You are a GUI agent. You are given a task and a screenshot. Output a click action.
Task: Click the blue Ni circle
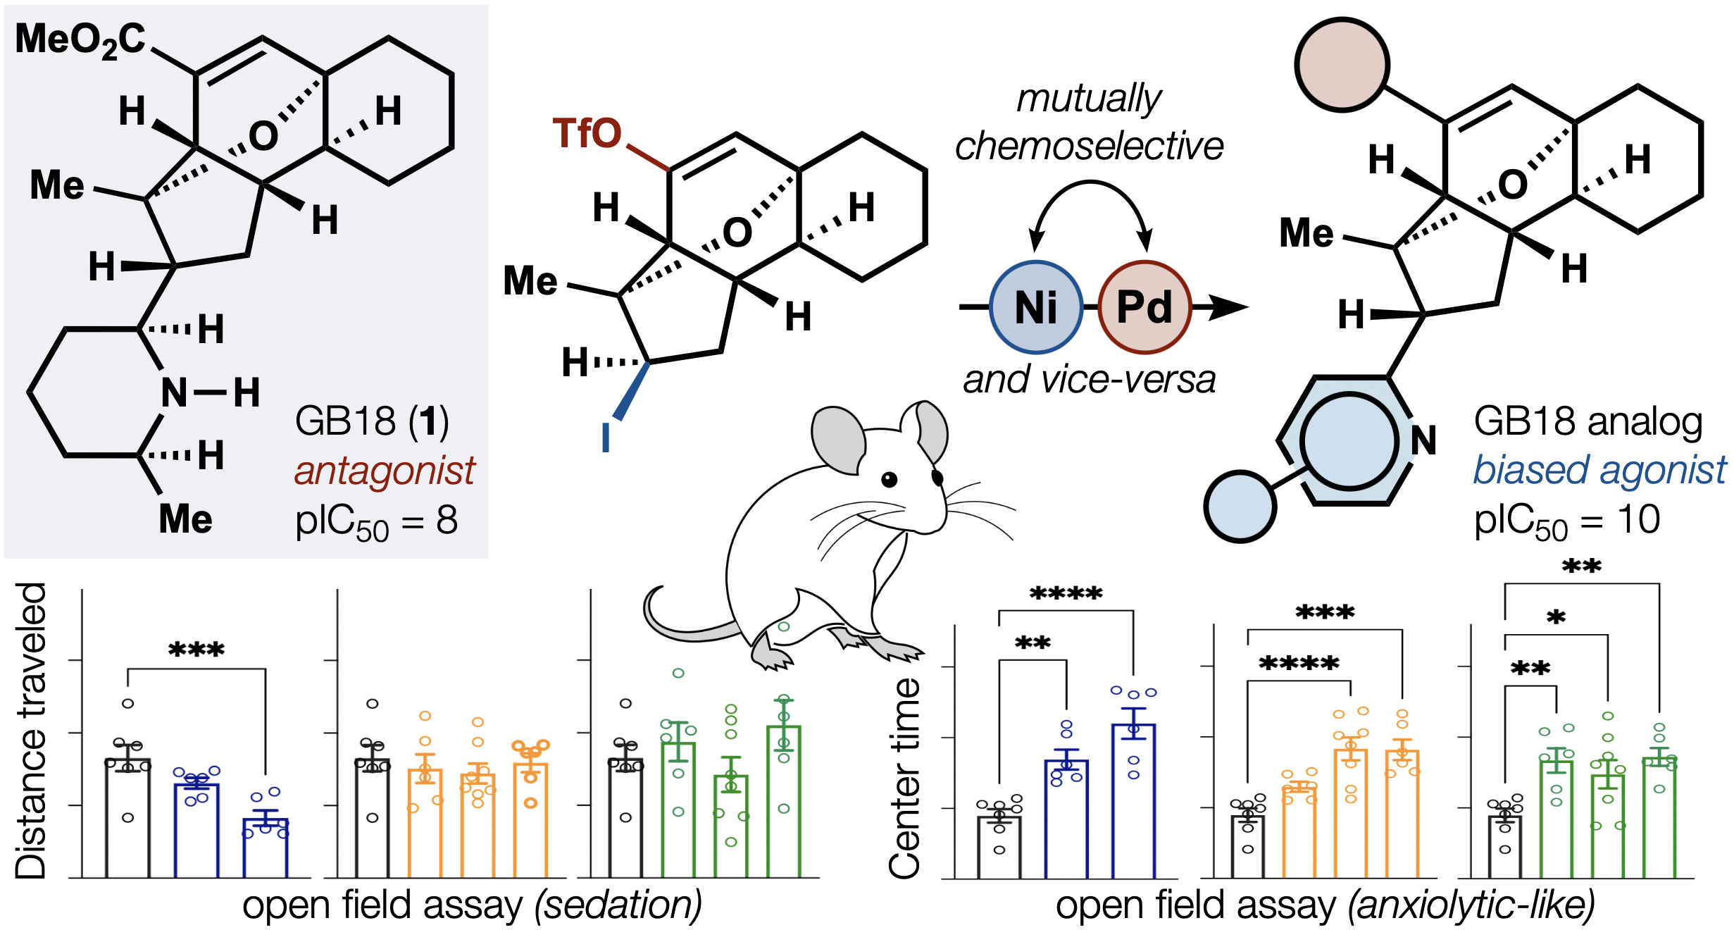[x=1035, y=307]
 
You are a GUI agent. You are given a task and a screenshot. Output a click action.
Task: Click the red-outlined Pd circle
[x=1144, y=307]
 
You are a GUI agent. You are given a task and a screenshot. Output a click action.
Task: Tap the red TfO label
[x=587, y=133]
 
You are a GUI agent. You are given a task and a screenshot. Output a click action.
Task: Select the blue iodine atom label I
[x=606, y=437]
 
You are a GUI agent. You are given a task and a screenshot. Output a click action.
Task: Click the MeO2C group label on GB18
[x=80, y=39]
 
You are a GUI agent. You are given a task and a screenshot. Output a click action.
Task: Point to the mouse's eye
[x=890, y=480]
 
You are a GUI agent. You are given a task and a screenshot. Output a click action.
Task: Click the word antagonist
[x=385, y=471]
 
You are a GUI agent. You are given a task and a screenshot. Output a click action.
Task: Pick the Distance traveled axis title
[x=31, y=731]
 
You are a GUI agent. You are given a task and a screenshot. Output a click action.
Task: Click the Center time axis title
[x=905, y=779]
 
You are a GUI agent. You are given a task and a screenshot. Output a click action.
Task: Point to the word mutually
[x=1089, y=98]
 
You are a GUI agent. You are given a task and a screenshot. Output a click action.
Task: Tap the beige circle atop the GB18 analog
[x=1342, y=65]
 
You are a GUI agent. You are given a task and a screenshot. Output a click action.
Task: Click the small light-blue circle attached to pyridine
[x=1240, y=507]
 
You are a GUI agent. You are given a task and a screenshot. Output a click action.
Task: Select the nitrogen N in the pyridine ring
[x=1423, y=441]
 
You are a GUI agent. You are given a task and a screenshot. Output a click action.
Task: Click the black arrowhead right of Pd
[x=1229, y=307]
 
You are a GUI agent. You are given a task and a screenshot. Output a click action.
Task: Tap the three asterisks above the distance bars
[x=197, y=649]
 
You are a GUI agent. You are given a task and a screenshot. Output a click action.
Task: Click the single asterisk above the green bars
[x=1556, y=619]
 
